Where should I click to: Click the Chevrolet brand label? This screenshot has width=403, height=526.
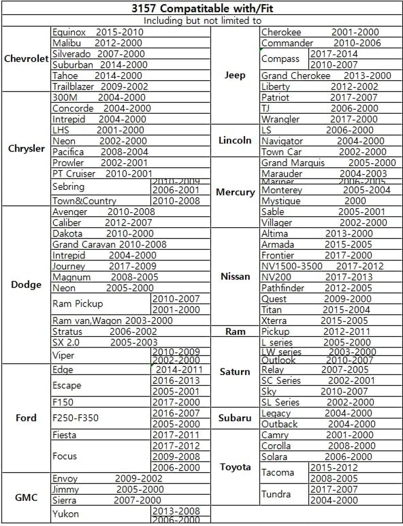(26, 59)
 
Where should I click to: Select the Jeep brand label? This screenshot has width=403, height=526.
(235, 76)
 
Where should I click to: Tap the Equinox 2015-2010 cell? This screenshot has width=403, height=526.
(98, 32)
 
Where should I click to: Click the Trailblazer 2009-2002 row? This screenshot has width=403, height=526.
(100, 86)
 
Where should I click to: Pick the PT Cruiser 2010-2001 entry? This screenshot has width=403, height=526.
(102, 174)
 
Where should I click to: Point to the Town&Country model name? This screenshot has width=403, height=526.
(84, 201)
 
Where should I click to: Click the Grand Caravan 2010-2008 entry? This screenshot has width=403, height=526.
(109, 244)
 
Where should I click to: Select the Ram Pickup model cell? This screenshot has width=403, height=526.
(78, 304)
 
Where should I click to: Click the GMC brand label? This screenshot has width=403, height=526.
(26, 497)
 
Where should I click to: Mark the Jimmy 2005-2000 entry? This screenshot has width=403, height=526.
(108, 489)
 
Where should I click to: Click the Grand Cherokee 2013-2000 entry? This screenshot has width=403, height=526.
(326, 76)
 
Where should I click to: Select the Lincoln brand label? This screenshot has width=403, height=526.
(235, 141)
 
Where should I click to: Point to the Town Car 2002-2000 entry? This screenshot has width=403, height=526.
(324, 152)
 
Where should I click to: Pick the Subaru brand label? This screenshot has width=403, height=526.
(235, 418)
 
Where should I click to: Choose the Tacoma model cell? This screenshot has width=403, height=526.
(278, 473)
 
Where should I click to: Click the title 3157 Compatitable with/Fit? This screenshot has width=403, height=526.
(201, 8)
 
